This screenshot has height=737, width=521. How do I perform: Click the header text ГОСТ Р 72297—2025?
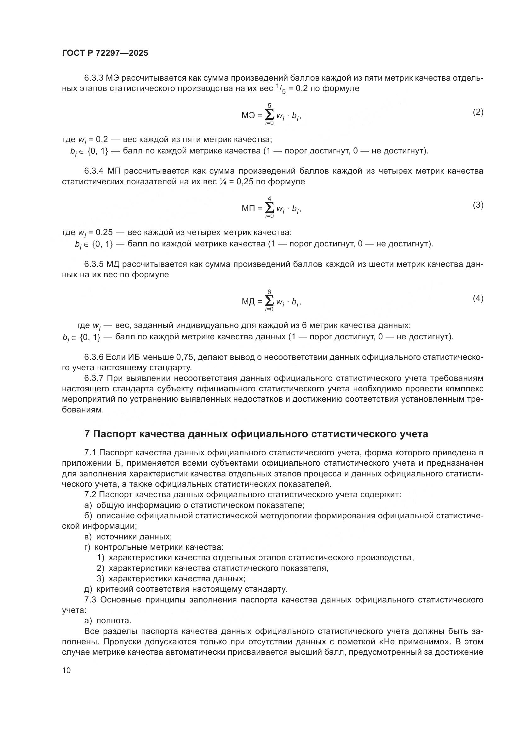[105, 53]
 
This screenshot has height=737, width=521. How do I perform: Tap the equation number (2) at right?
[478, 112]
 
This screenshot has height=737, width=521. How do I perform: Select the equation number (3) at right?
[478, 205]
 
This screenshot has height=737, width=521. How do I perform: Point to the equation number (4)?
[478, 298]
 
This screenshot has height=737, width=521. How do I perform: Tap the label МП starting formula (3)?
[248, 209]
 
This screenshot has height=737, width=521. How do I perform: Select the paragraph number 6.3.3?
[94, 78]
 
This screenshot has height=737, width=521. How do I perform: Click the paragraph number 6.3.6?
[94, 357]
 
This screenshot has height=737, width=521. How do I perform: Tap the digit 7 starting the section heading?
[87, 434]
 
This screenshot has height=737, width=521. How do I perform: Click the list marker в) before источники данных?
[88, 537]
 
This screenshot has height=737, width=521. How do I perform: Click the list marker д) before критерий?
[88, 589]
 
